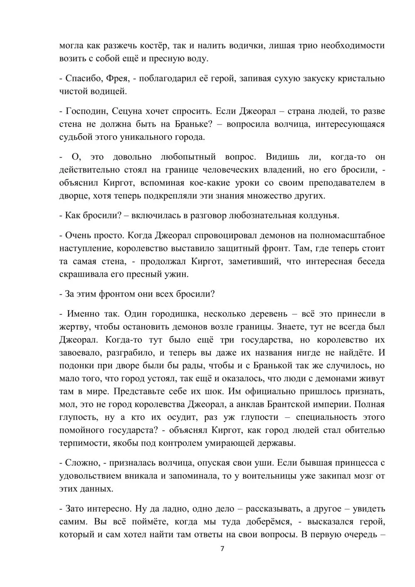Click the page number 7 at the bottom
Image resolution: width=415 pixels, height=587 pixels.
click(222, 549)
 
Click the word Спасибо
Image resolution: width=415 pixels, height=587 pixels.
click(82, 78)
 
